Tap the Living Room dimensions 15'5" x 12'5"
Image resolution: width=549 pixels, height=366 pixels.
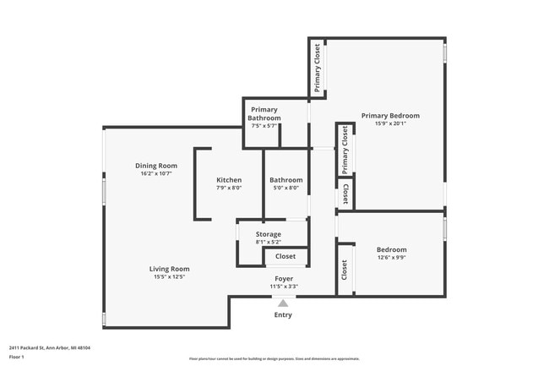tap(169, 276)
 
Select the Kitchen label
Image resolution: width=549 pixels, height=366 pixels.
tap(229, 180)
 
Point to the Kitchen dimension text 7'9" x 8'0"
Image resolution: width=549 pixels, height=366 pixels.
tap(229, 188)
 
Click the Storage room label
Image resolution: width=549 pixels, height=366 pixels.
tap(269, 234)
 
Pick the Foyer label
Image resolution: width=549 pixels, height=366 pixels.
tap(284, 278)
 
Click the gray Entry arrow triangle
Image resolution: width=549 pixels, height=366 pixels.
tap(283, 303)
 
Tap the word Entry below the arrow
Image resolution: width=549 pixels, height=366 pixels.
tap(283, 315)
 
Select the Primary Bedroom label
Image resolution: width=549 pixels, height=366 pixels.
tap(390, 116)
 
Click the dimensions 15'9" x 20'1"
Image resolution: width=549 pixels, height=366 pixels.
tap(390, 124)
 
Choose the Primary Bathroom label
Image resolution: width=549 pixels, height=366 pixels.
tap(264, 113)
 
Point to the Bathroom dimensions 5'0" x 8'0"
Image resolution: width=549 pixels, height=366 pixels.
tap(285, 188)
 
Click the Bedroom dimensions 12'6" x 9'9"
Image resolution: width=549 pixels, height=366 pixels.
tap(391, 258)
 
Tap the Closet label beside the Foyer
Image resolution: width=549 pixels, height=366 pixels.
tap(285, 256)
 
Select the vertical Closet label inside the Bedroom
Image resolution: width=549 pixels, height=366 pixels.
tap(345, 270)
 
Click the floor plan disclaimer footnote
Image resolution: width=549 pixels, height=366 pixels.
tap(274, 359)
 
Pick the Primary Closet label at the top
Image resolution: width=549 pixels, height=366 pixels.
tap(318, 68)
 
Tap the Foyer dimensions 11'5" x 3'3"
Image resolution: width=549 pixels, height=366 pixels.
tap(284, 287)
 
